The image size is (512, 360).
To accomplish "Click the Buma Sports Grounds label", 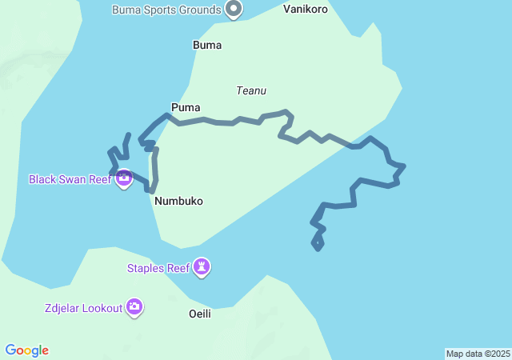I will coord(166,10).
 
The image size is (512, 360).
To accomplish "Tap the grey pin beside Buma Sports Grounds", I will coord(234,10).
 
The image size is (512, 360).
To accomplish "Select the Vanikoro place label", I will coord(306,10).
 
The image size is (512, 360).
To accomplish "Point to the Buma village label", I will coord(207,46).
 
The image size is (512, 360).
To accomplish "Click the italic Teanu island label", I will coord(250,91).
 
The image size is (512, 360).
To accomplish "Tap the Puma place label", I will coord(186,107).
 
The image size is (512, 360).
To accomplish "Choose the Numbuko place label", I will coord(179,202).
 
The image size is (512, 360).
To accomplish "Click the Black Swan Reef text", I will coord(70,179).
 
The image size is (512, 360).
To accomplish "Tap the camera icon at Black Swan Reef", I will coord(124,178).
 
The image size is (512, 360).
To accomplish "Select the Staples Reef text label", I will coord(158,268).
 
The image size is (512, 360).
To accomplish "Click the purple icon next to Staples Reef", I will coord(202,267).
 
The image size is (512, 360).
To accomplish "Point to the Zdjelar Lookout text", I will coord(83,307).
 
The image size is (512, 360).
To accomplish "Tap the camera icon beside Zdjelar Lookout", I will coord(134,306).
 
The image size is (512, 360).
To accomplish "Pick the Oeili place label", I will coord(200,314).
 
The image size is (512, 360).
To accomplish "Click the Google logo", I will coord(26,350).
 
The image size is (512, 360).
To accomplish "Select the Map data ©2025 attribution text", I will coord(478,354).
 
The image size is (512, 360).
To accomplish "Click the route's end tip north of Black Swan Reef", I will coord(130,135).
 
